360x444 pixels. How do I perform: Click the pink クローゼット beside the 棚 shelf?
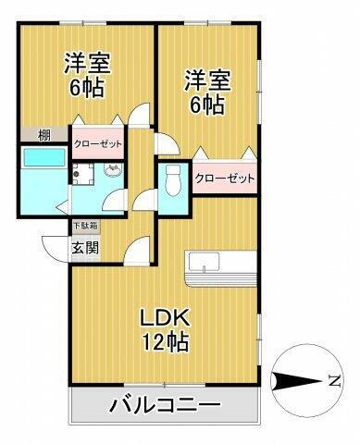(99, 143)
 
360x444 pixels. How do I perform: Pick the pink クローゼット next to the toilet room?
(224, 179)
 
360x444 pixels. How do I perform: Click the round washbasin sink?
(112, 170)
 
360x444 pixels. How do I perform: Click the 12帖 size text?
(166, 342)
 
